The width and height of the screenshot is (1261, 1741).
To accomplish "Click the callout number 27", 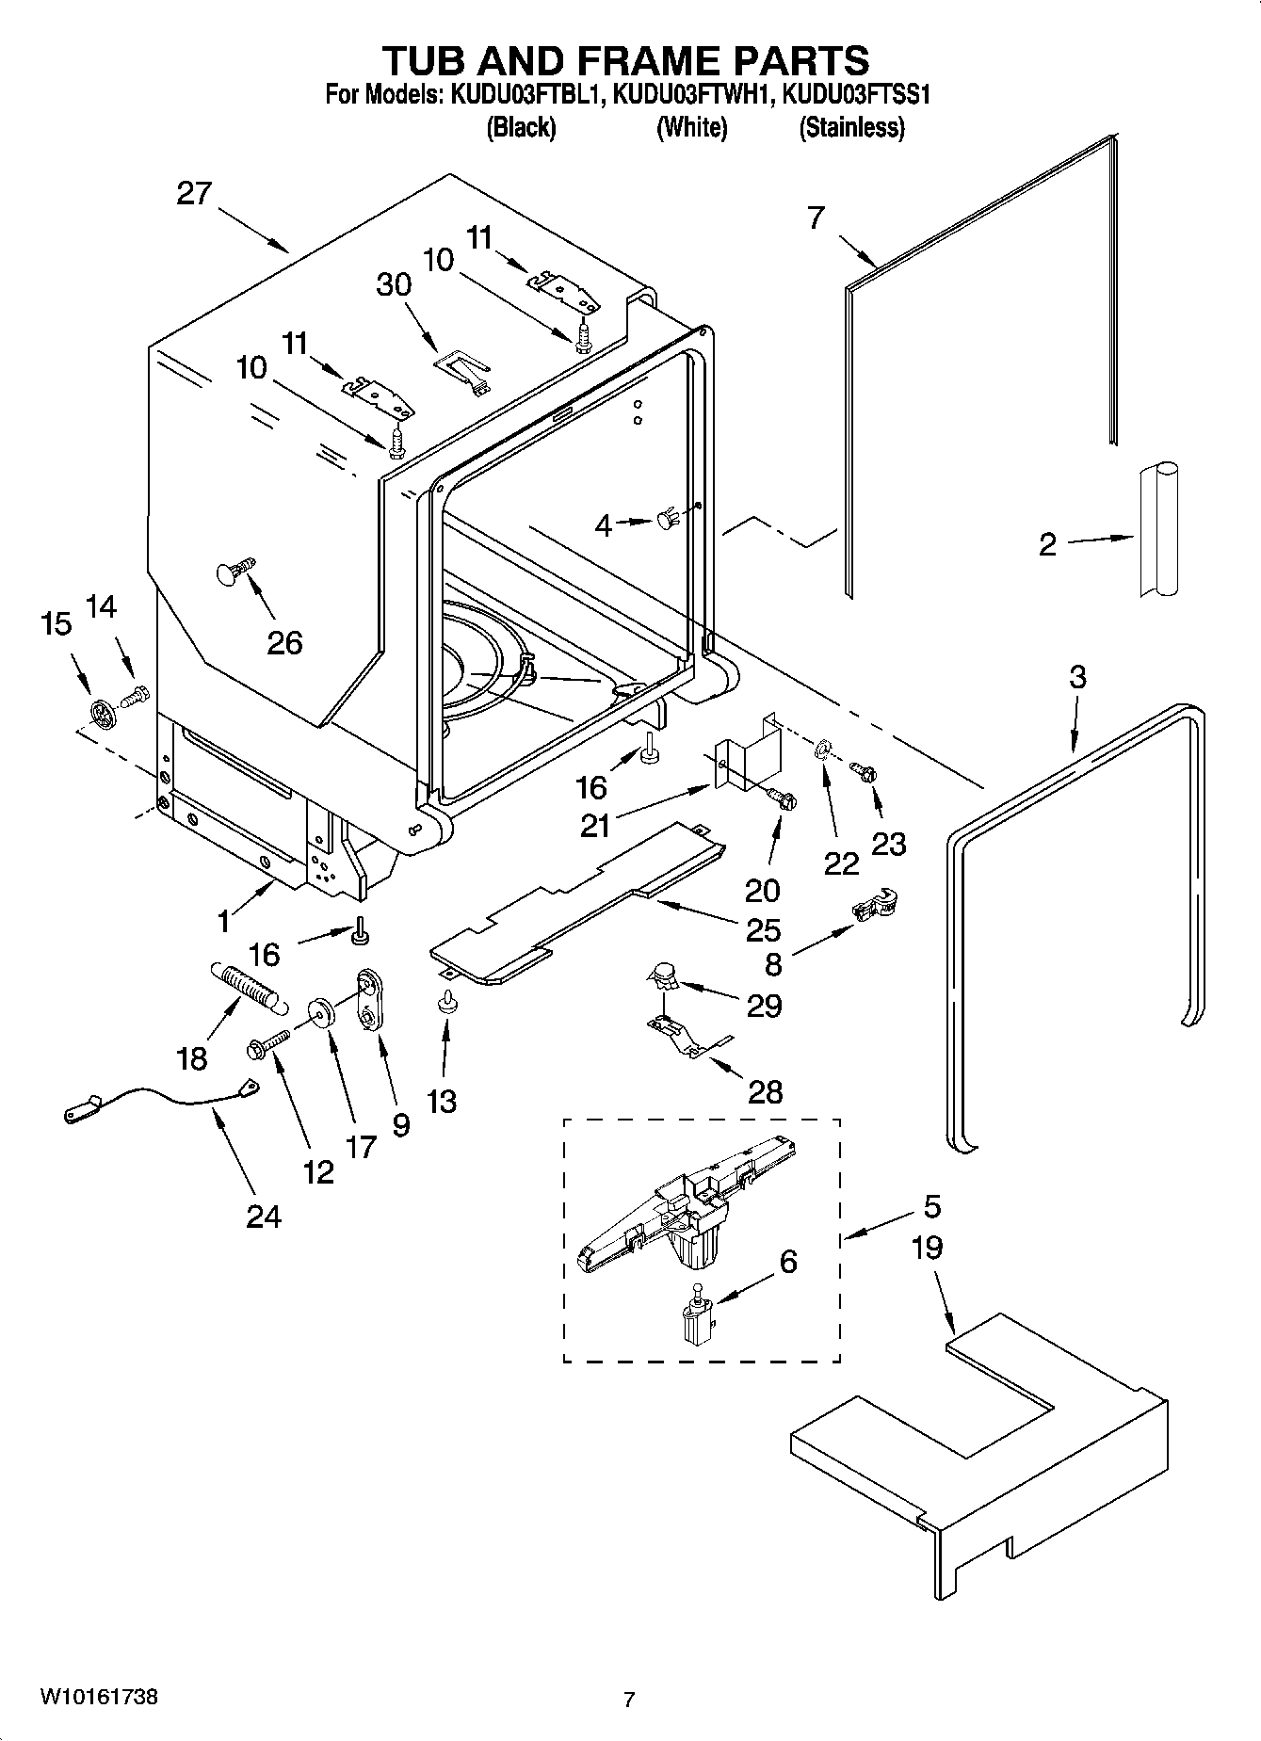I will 195,194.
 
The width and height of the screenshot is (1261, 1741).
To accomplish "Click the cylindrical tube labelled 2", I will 1156,529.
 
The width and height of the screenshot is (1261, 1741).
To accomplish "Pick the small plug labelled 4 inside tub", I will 667,518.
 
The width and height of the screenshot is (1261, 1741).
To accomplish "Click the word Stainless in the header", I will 851,127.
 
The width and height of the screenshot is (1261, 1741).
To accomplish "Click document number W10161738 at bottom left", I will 98,1698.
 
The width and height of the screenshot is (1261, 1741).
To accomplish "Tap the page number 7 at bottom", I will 629,1700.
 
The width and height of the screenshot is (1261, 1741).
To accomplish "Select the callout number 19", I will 927,1248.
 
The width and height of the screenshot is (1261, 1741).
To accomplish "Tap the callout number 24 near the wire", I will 263,1217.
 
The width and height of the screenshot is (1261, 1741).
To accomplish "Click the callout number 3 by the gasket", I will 1077,676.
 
